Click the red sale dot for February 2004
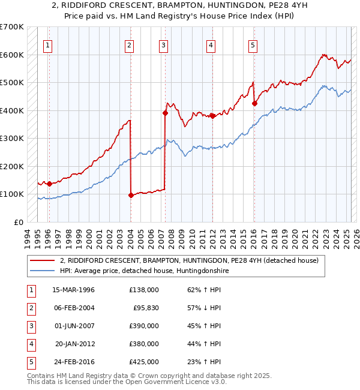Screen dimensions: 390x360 pyautogui.click(x=131, y=195)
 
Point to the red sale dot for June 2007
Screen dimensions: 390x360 pyautogui.click(x=164, y=113)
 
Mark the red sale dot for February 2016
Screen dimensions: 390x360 pyautogui.click(x=254, y=103)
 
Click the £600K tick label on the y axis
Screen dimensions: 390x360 pyautogui.click(x=12, y=55)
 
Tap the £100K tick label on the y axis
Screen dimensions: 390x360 pyautogui.click(x=12, y=194)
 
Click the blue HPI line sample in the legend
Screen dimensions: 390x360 pyautogui.click(x=43, y=271)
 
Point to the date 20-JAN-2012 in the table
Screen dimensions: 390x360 pyautogui.click(x=74, y=344)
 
